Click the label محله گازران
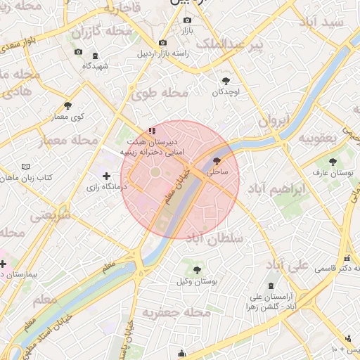click(102, 31)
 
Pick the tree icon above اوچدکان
click(226, 81)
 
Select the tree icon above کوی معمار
click(67, 105)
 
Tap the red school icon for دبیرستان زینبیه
click(153, 131)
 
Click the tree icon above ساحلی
click(216, 160)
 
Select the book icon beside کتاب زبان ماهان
click(26, 167)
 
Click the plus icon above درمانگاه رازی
click(106, 176)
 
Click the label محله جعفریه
click(176, 311)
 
